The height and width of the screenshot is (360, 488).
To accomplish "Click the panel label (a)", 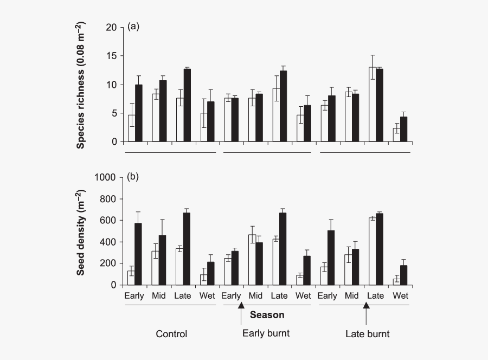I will pyautogui.click(x=133, y=26).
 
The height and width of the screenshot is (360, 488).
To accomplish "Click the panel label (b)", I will pyautogui.click(x=133, y=177).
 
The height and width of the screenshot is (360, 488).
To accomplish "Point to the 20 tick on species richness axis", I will pyautogui.click(x=112, y=28).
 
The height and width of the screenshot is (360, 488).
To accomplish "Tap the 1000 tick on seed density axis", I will pyautogui.click(x=105, y=177).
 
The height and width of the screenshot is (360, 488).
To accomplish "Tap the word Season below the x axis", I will pyautogui.click(x=267, y=314).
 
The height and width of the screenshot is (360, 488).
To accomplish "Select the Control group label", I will pyautogui.click(x=171, y=334).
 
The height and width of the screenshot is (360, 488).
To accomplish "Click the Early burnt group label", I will pyautogui.click(x=266, y=333).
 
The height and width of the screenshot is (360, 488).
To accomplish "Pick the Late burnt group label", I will pyautogui.click(x=368, y=334).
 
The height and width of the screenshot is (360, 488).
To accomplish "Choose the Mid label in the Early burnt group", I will pyautogui.click(x=255, y=296).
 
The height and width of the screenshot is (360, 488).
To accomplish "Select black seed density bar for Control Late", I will pyautogui.click(x=187, y=249).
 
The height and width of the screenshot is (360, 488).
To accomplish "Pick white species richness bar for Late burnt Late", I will pyautogui.click(x=372, y=105).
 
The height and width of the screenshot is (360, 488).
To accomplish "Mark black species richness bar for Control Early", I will pyautogui.click(x=139, y=113).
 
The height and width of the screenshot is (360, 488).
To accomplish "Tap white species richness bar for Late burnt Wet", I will pyautogui.click(x=396, y=135).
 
